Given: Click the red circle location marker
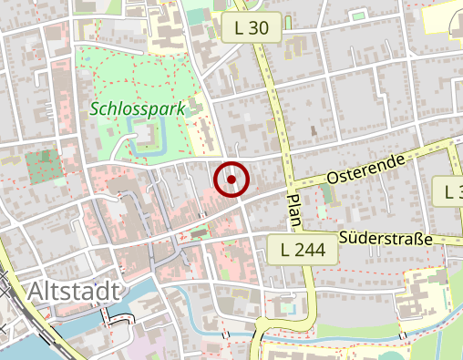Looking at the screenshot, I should tap(231, 180).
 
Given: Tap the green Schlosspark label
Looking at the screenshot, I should tap(138, 108).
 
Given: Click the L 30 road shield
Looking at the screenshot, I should tap(252, 28).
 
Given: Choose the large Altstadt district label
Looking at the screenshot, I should tap(74, 291).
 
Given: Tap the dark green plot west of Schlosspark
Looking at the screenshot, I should tap(41, 166).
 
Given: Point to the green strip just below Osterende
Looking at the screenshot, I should tap(327, 194).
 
